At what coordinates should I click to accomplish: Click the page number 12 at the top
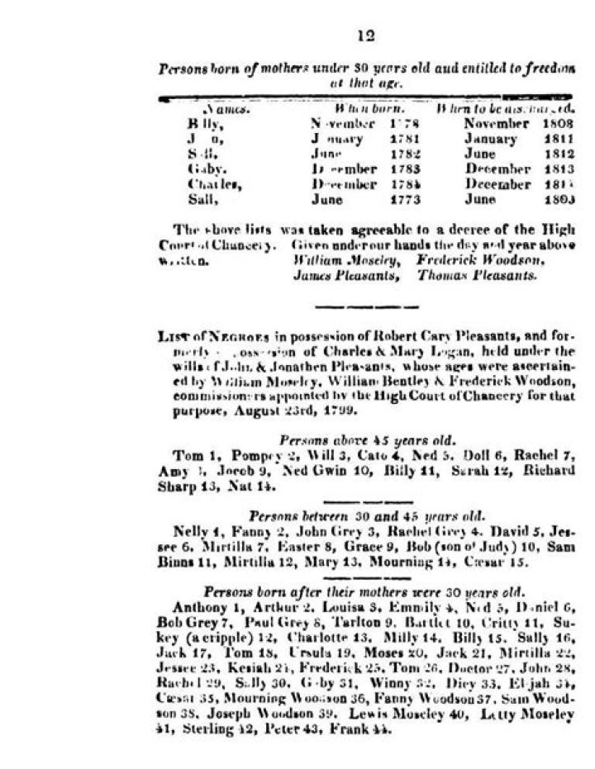367,36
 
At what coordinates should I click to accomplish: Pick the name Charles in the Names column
207,185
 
